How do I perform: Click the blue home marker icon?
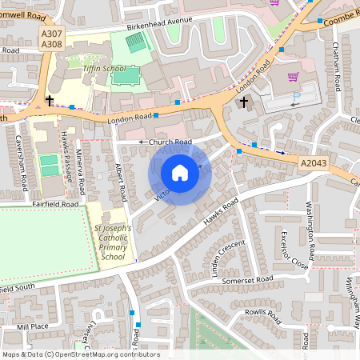pyautogui.click(x=180, y=173)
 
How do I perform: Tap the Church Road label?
pyautogui.click(x=170, y=142)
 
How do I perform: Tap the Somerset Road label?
pyautogui.click(x=248, y=279)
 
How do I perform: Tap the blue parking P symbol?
pyautogui.click(x=297, y=98)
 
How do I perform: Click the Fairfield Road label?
pyautogui.click(x=56, y=205)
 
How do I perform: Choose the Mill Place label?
pyautogui.click(x=33, y=327)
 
